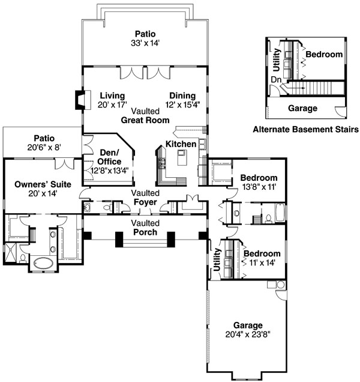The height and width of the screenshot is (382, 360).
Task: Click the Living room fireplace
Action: pyautogui.click(x=83, y=100)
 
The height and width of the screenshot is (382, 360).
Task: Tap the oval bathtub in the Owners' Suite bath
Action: pyautogui.click(x=44, y=263)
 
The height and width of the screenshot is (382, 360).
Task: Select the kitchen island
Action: pyautogui.click(x=182, y=157)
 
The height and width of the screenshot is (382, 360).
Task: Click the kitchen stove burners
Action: pyautogui.click(x=162, y=162)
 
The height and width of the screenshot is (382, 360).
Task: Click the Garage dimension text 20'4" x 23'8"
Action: pyautogui.click(x=248, y=335)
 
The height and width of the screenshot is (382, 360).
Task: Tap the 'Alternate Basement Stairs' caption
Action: pyautogui.click(x=306, y=129)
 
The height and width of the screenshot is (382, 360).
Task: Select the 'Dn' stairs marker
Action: pyautogui.click(x=276, y=80)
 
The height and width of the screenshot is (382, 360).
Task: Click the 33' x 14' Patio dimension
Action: pyautogui.click(x=145, y=43)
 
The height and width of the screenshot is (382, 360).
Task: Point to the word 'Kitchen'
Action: pyautogui.click(x=181, y=144)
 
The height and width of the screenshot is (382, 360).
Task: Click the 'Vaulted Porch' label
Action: pyautogui.click(x=145, y=228)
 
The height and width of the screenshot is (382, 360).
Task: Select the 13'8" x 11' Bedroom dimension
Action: pyautogui.click(x=259, y=187)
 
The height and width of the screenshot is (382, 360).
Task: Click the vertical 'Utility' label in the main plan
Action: pyautogui.click(x=217, y=259)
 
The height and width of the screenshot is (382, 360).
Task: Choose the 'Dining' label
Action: pyautogui.click(x=182, y=95)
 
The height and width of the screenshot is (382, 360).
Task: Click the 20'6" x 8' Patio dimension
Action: pyautogui.click(x=44, y=147)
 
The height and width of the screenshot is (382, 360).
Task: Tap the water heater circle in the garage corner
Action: pyautogui.click(x=281, y=285)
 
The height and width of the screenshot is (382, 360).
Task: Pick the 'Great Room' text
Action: pyautogui.click(x=145, y=120)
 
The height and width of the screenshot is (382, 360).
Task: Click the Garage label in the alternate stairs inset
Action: pyautogui.click(x=302, y=108)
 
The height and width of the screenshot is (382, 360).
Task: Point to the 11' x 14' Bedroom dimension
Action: pyautogui.click(x=262, y=262)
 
